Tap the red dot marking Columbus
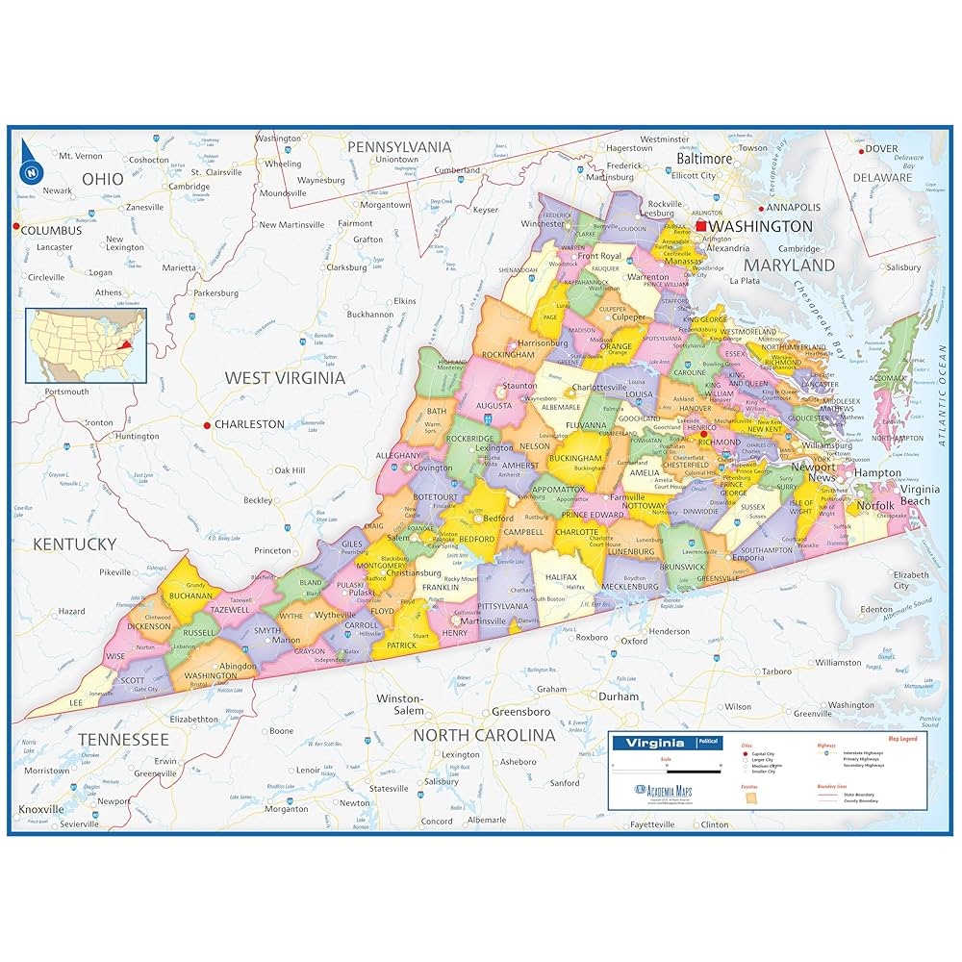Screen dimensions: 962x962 pyautogui.click(x=16, y=226)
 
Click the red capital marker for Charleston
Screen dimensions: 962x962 pyautogui.click(x=207, y=424)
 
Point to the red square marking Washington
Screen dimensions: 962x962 pyautogui.click(x=701, y=226)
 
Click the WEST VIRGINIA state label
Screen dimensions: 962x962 pyautogui.click(x=285, y=378)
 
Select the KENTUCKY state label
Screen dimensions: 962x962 pyautogui.click(x=74, y=544)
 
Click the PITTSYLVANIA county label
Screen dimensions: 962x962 pyautogui.click(x=503, y=607)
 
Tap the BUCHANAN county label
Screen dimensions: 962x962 pyautogui.click(x=190, y=595)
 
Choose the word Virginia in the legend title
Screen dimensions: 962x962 pyautogui.click(x=655, y=743)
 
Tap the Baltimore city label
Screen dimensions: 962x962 pyautogui.click(x=704, y=159)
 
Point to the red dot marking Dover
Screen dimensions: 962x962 pyautogui.click(x=857, y=149)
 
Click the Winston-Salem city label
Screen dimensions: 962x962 pyautogui.click(x=399, y=704)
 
